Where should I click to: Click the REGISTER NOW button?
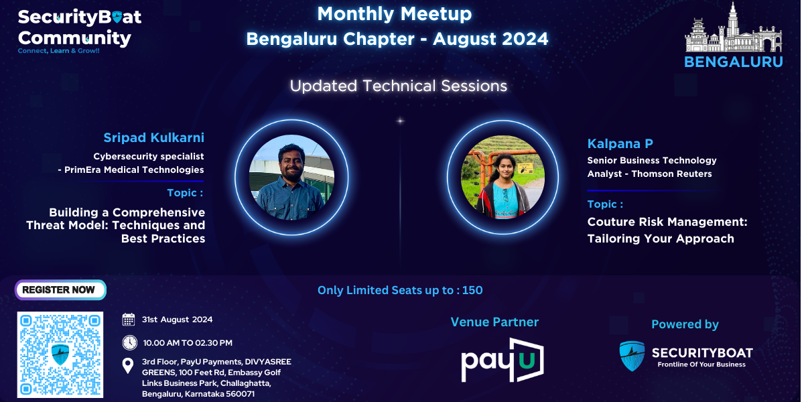60,289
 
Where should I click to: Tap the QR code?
60,354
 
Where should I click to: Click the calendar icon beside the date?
129,319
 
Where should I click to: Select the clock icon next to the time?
129,342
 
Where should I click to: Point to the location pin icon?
128,366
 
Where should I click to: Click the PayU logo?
503,360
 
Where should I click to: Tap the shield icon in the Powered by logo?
632,356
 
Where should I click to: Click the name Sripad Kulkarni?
153,137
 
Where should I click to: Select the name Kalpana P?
620,143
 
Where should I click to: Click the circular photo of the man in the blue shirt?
291,178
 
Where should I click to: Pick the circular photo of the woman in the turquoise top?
503,178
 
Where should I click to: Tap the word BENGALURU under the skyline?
733,62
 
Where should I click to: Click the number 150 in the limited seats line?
472,290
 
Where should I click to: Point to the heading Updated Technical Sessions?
399,86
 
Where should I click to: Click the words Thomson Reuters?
671,174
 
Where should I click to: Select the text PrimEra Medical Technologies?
134,170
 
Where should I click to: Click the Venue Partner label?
494,322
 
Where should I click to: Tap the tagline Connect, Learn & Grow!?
58,51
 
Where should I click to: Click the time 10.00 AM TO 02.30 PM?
188,343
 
